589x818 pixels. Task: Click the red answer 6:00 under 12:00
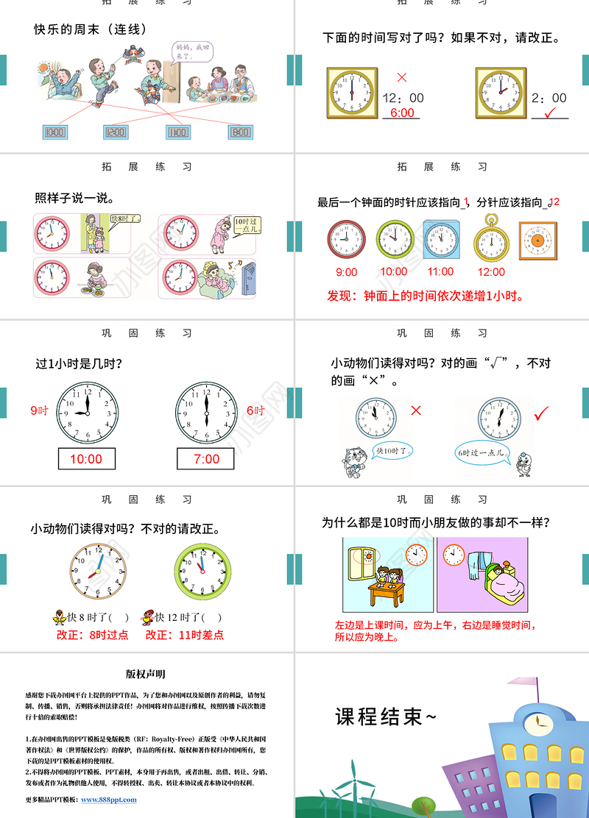pos(401,113)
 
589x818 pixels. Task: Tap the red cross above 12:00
pos(401,77)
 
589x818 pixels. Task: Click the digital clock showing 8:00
pos(240,132)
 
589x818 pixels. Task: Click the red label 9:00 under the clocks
pos(346,272)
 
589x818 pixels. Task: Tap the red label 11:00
pos(440,271)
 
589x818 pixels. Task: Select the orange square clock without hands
pos(537,241)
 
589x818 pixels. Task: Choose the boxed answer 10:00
pos(86,459)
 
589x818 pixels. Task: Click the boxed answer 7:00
pos(207,459)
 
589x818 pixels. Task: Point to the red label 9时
pos(39,410)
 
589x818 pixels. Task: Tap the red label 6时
pos(255,410)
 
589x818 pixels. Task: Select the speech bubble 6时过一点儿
pos(482,454)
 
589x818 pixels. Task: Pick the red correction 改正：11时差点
pos(185,634)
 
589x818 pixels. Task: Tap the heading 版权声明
pos(145,674)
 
